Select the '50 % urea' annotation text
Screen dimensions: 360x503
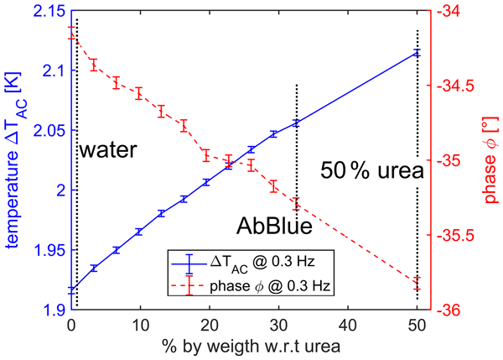pos(371,170)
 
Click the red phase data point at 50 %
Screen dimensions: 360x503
pos(417,284)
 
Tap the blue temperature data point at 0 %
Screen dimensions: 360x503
pos(71,290)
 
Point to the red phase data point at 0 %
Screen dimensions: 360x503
pos(71,33)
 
